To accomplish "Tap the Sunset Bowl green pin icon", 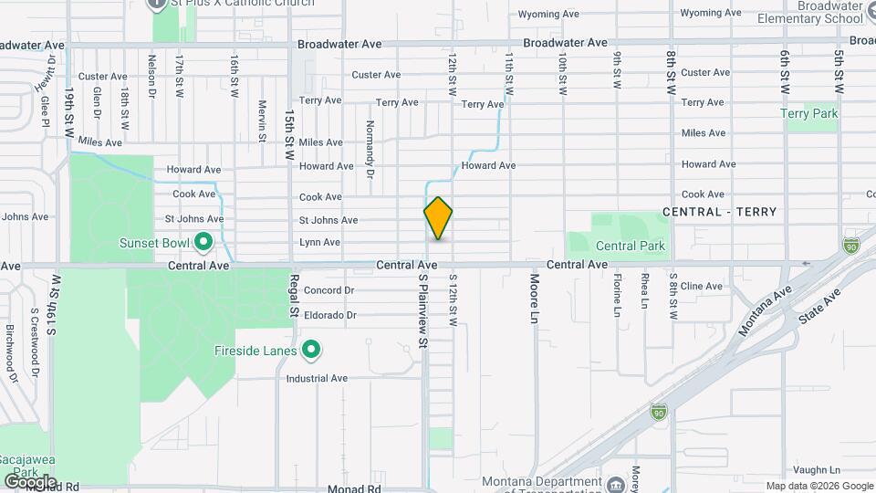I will [203, 243].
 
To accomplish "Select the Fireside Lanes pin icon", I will [311, 351].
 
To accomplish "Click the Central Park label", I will [631, 246].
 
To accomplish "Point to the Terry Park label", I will [809, 114].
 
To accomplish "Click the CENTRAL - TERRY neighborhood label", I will [720, 212].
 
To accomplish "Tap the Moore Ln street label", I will [535, 301].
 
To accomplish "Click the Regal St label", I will [294, 295].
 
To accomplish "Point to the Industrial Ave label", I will [318, 378].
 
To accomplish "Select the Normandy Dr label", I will [370, 149].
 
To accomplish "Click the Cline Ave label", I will [702, 286].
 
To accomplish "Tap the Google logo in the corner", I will [30, 481].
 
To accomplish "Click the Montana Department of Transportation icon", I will [618, 483].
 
